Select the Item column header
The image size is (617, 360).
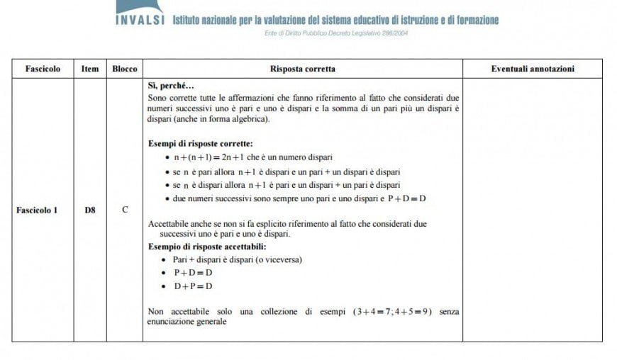tap(90, 69)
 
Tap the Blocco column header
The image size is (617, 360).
tap(125, 69)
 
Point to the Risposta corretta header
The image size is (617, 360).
tap(303, 69)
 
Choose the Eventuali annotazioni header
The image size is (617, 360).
tap(533, 69)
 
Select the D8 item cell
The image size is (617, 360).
tap(90, 210)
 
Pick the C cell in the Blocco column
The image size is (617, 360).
tap(125, 210)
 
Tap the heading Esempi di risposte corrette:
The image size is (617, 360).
tap(195, 142)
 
